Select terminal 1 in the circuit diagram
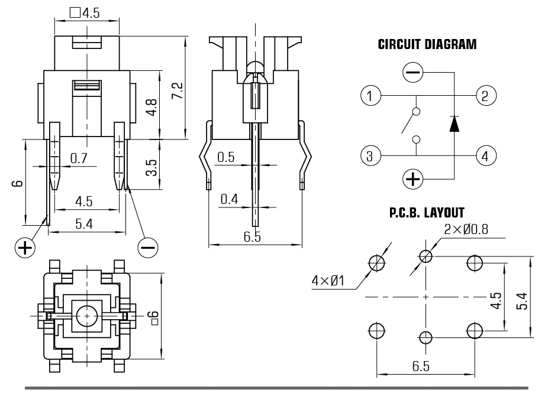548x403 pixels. pyautogui.click(x=370, y=95)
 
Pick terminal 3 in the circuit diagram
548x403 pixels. pyautogui.click(x=370, y=156)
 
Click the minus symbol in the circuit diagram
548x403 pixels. pyautogui.click(x=412, y=73)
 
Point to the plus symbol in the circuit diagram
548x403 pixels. pyautogui.click(x=412, y=178)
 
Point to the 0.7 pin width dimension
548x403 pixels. pyautogui.click(x=79, y=158)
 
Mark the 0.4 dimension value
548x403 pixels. pyautogui.click(x=229, y=199)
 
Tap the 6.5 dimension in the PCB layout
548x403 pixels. pyautogui.click(x=420, y=366)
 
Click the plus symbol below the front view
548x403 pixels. pyautogui.click(x=24, y=247)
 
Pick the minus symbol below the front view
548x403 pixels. pyautogui.click(x=147, y=247)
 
